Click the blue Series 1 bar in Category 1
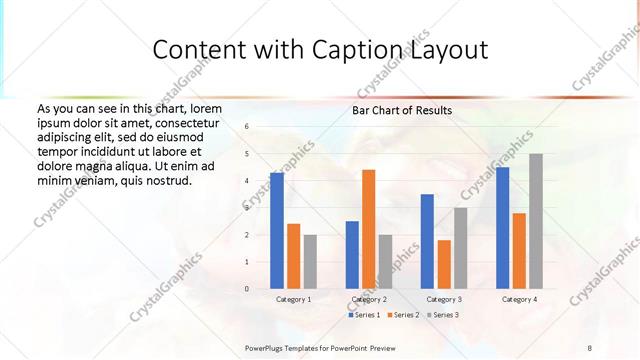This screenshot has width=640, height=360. [x=277, y=231]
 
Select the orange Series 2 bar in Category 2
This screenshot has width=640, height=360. [x=368, y=229]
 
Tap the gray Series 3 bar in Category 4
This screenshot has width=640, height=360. [x=536, y=221]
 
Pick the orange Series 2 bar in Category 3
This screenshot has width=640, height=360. [x=444, y=264]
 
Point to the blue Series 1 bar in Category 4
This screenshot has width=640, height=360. [x=502, y=228]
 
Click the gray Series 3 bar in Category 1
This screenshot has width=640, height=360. [x=310, y=262]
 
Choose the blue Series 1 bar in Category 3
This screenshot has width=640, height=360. [x=427, y=241]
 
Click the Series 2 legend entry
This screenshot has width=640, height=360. [x=403, y=315]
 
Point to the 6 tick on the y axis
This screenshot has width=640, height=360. [x=246, y=127]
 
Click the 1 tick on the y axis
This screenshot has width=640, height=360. [x=246, y=262]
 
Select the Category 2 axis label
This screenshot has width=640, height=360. [x=369, y=299]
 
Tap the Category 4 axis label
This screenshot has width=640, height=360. [x=519, y=299]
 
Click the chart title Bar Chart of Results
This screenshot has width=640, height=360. [x=401, y=110]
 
